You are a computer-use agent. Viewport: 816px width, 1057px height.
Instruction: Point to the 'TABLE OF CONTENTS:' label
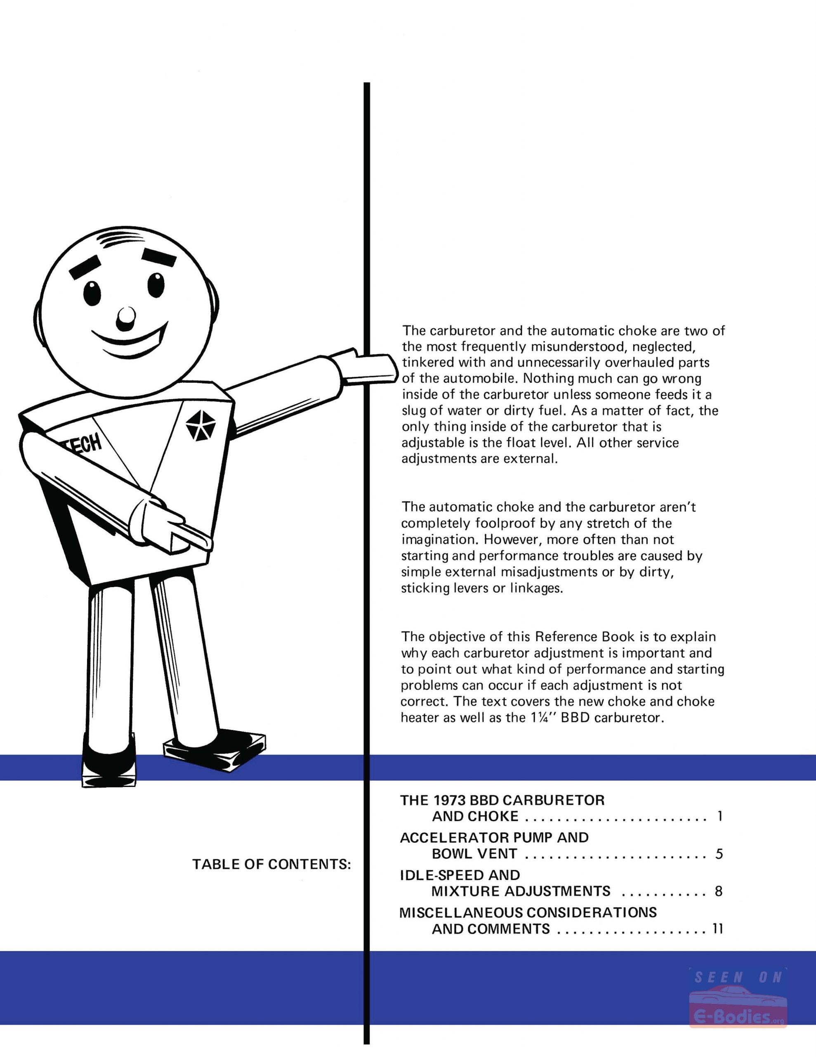271,864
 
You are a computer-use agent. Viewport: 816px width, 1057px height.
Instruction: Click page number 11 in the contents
718,929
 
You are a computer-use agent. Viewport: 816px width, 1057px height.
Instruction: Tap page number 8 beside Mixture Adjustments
719,891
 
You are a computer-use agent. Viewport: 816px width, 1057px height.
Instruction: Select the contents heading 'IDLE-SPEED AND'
460,875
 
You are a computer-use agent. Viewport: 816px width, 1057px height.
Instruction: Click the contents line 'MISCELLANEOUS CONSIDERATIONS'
528,913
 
